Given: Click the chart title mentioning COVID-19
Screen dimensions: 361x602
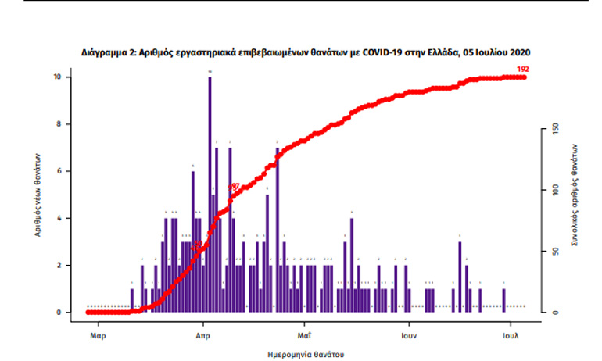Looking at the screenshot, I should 306,53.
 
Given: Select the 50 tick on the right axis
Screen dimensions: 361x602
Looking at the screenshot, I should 555,251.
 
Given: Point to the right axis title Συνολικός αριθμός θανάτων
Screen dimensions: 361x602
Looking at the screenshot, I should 575,195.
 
